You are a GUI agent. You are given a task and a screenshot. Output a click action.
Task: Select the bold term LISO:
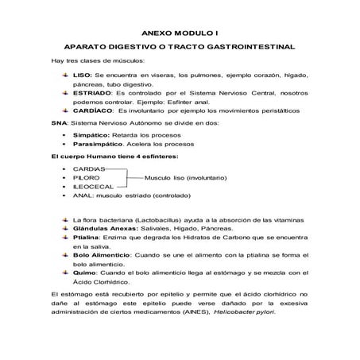pos(83,74)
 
